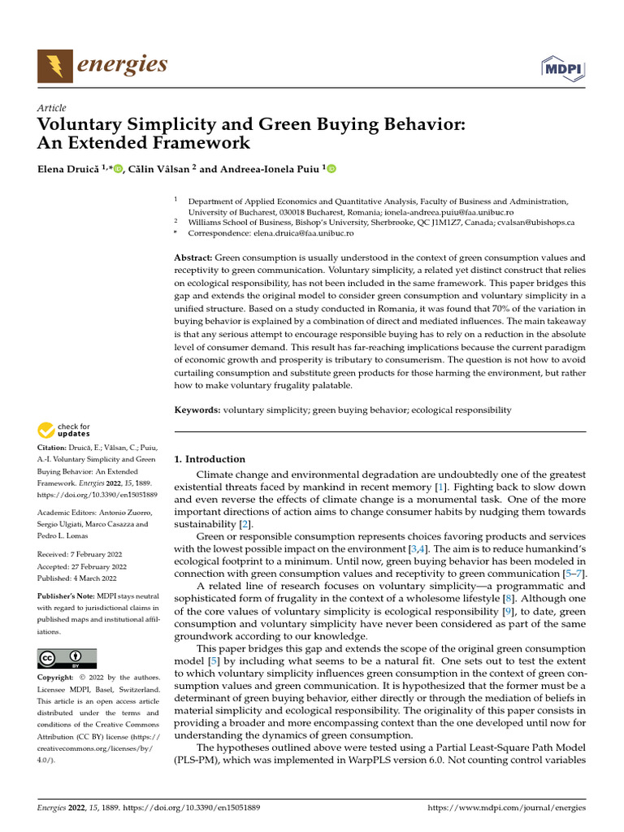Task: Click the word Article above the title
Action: pyautogui.click(x=52, y=108)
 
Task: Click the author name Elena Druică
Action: pyautogui.click(x=67, y=169)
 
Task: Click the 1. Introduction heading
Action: pyautogui.click(x=210, y=459)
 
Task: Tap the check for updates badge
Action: pyautogui.click(x=63, y=430)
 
